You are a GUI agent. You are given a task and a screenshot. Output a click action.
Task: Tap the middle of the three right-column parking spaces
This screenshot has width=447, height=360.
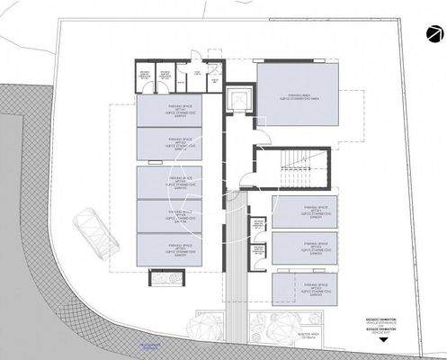pos(303,249)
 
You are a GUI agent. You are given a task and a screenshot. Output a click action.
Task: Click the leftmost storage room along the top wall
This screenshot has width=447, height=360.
pos(144,77)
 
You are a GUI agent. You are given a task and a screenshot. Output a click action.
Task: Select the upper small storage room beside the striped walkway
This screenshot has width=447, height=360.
pos(258,224)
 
